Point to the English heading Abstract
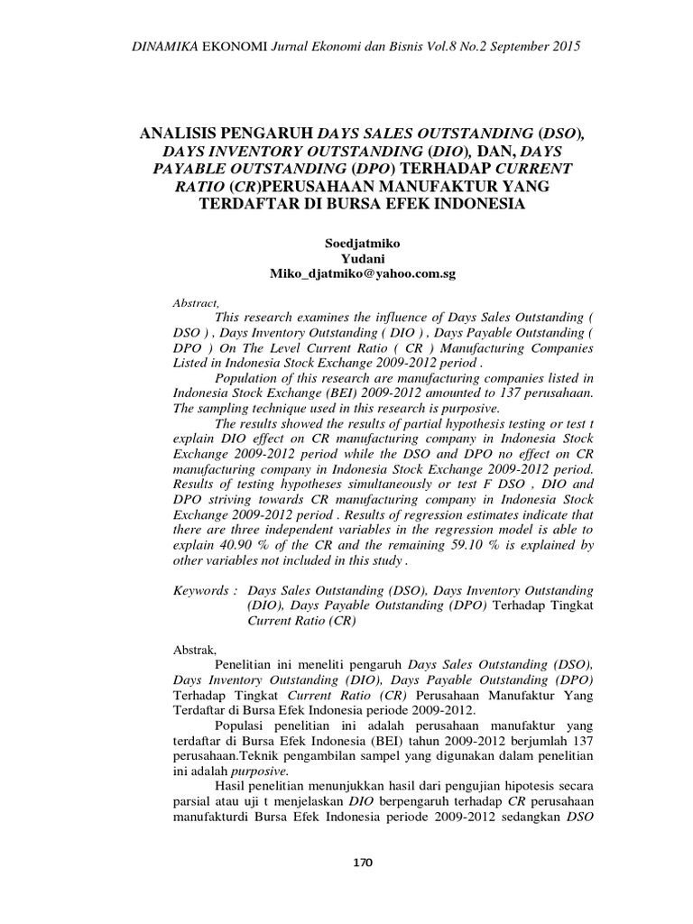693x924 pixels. pos(195,302)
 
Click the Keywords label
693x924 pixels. pos(204,589)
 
